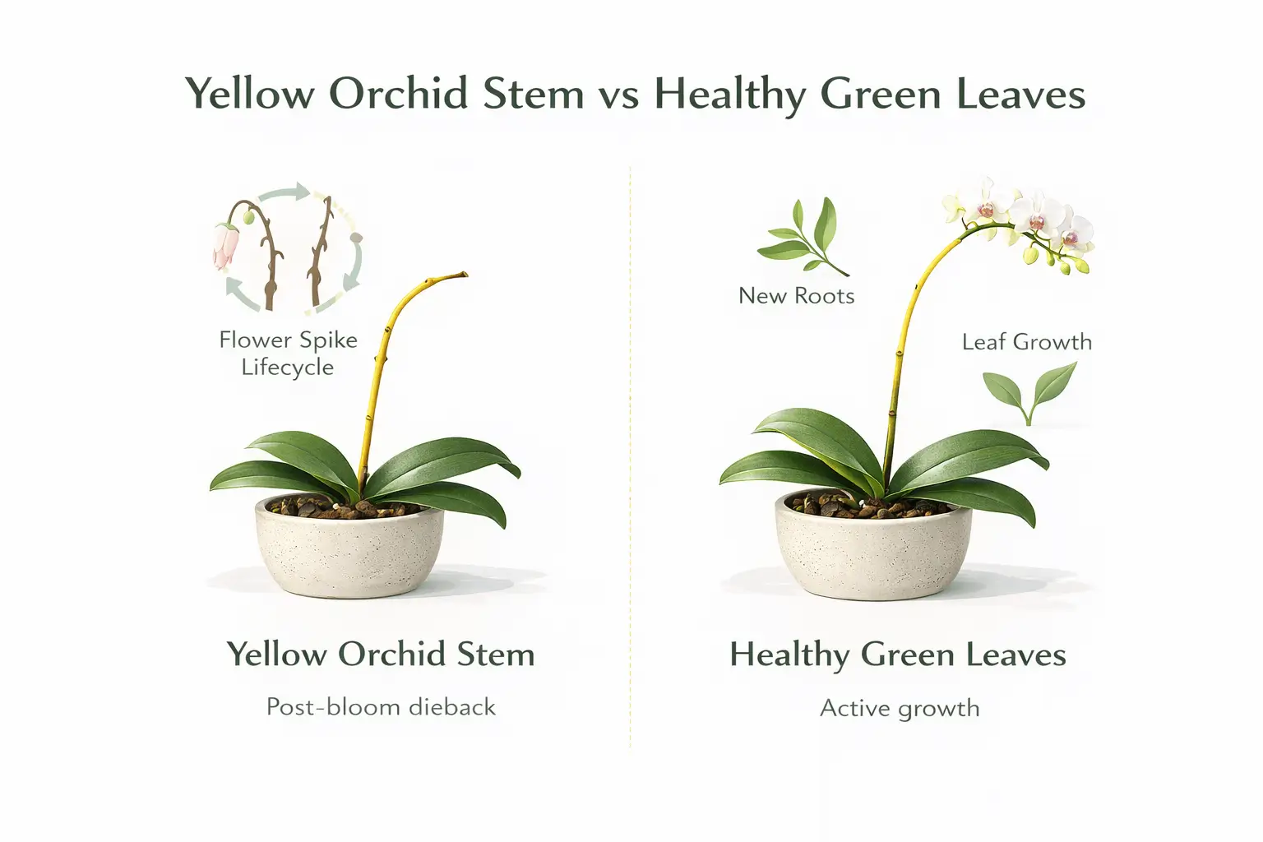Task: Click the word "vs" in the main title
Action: tap(618, 94)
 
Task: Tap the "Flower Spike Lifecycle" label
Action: tap(288, 353)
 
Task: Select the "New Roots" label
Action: tap(796, 295)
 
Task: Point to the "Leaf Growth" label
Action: tap(1026, 342)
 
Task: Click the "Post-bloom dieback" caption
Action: tap(381, 707)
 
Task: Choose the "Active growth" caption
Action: tap(900, 708)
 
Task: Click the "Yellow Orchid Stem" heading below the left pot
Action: tap(381, 655)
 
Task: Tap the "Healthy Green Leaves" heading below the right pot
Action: tap(898, 655)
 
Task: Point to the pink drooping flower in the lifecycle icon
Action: tap(225, 246)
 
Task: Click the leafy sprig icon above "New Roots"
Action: tap(801, 238)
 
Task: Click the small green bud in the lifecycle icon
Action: tap(248, 217)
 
